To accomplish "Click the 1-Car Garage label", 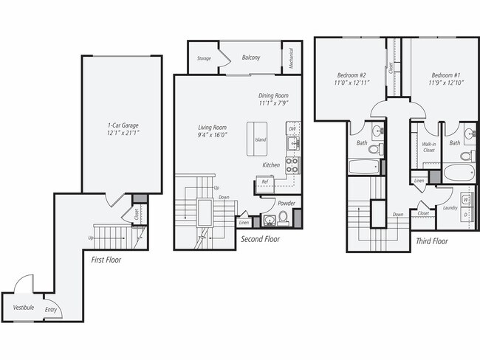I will (123, 125).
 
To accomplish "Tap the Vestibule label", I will (23, 307).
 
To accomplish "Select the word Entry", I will (51, 311).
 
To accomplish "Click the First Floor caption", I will (107, 260).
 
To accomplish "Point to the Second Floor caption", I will (261, 238).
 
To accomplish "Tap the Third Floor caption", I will (431, 241).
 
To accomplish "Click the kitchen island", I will (260, 139).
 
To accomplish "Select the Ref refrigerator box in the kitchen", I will (264, 181).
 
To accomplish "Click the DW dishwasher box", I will (293, 128).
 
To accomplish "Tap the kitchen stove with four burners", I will (292, 164).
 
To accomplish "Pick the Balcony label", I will (250, 57).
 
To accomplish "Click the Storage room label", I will (204, 58).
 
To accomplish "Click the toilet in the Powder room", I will (283, 217).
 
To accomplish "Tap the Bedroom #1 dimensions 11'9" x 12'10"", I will (445, 83).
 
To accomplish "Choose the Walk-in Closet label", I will (428, 146).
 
